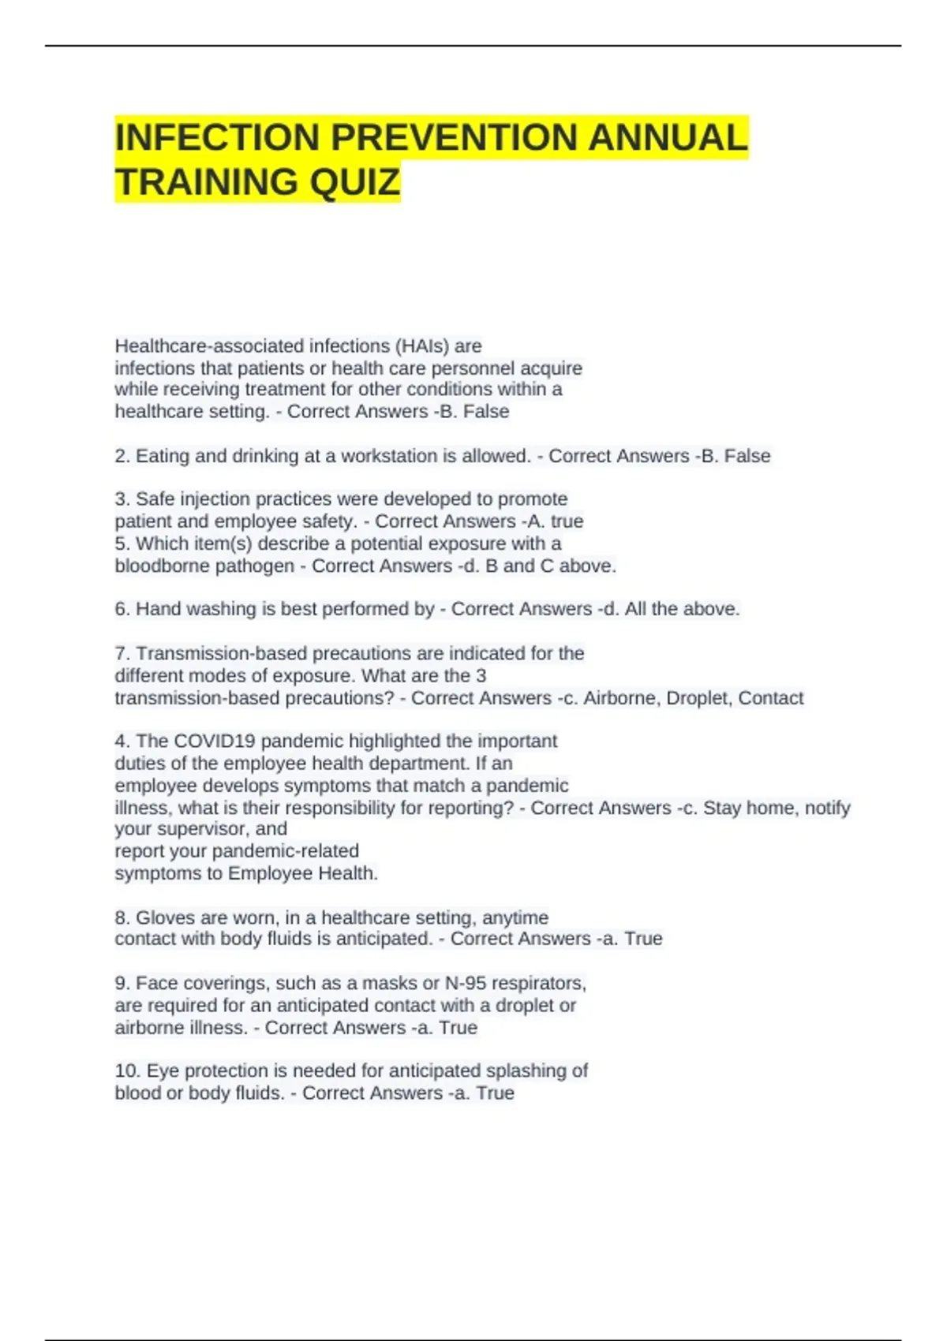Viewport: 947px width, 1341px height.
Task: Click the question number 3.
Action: coord(122,499)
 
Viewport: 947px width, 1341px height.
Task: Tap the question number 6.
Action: coord(122,609)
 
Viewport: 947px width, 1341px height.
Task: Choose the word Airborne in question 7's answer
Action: coord(620,698)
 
